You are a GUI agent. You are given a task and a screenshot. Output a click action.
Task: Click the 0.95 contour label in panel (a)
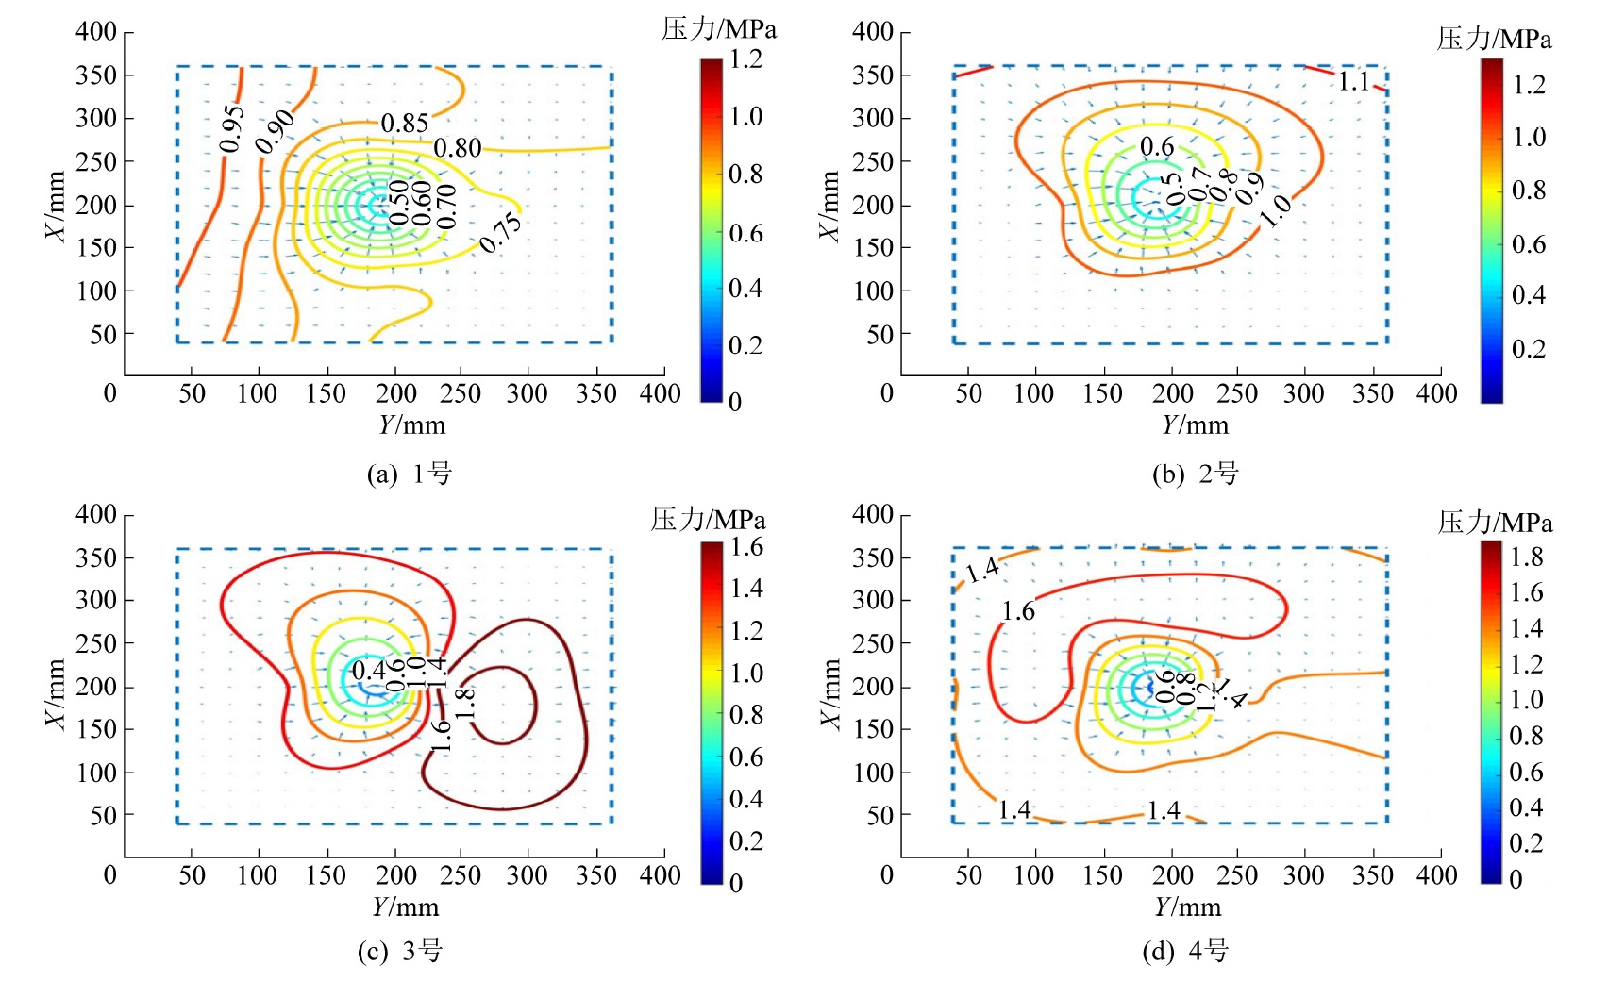(231, 128)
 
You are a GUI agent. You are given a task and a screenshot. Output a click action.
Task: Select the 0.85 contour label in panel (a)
(405, 124)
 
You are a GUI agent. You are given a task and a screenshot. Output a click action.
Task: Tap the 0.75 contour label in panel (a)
(500, 232)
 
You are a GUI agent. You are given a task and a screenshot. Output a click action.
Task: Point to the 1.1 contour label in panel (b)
(1353, 82)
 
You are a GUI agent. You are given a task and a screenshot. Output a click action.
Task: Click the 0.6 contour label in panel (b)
(1157, 147)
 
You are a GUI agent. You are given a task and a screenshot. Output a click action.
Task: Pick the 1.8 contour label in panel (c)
(464, 703)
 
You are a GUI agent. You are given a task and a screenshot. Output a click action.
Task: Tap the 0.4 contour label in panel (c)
(368, 670)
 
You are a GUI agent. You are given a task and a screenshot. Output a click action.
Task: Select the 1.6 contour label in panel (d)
(1018, 611)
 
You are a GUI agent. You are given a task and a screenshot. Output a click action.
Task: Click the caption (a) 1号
(410, 474)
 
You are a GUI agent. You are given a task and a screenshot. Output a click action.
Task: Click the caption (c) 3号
(400, 951)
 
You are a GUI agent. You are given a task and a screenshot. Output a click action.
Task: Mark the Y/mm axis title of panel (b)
(1195, 425)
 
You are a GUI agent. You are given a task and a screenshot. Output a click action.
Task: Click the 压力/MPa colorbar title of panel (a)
(719, 30)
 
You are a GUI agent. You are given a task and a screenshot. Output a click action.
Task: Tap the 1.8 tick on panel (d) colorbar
(1526, 557)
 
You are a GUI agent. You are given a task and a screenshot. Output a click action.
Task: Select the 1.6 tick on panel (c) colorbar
(746, 547)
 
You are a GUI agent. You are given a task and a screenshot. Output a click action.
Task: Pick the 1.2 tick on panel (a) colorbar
(745, 59)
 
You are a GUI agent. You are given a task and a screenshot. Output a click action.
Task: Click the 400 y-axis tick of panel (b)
(872, 32)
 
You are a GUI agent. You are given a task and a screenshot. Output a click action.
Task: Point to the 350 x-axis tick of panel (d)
(1372, 875)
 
